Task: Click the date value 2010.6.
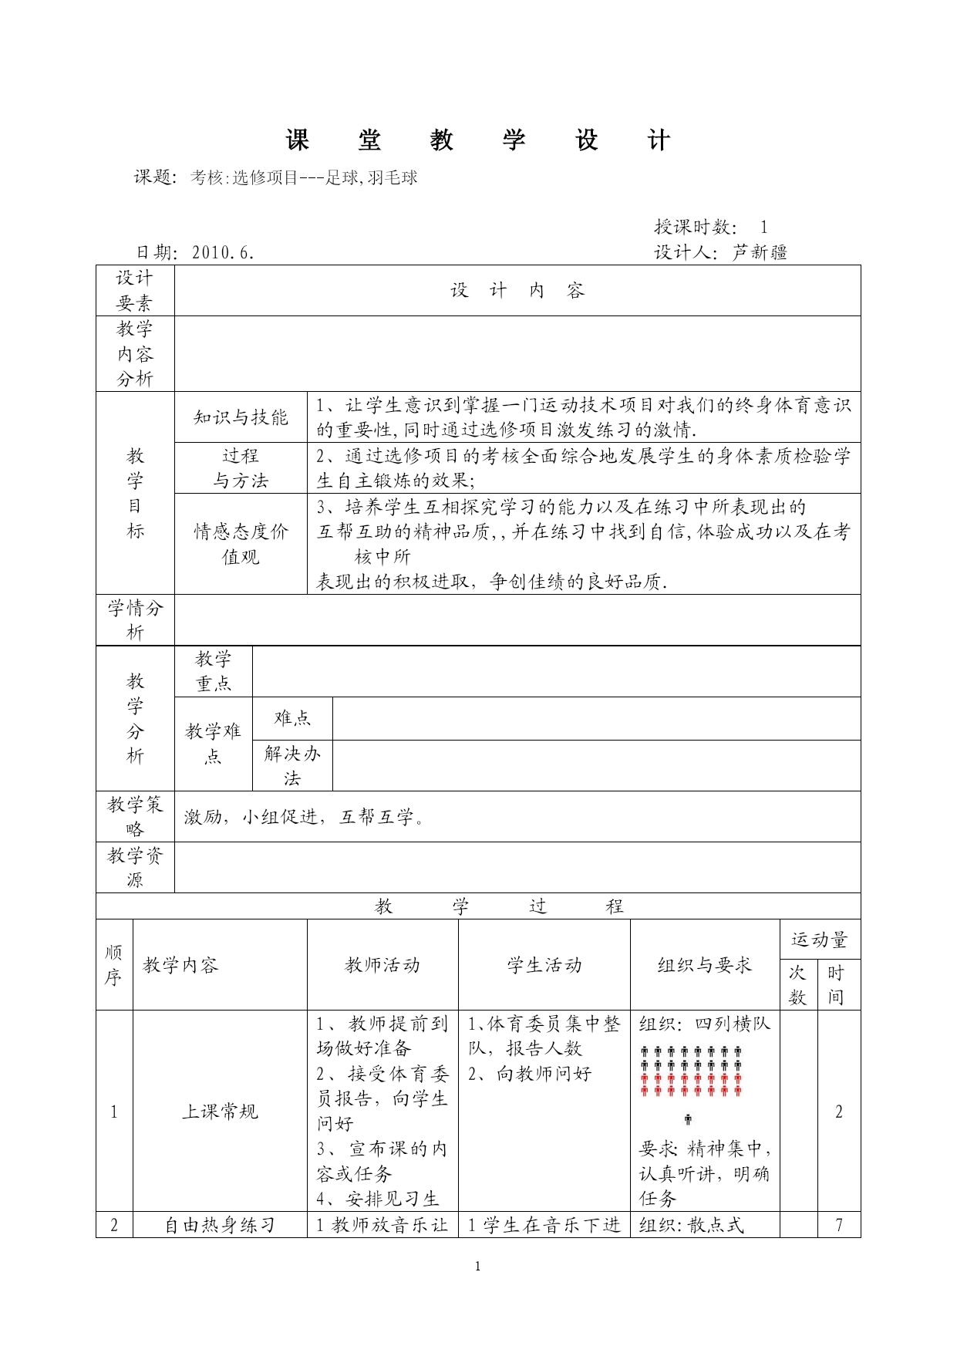click(223, 252)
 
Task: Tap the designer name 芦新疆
click(760, 252)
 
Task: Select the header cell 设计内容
click(517, 291)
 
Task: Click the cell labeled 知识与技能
click(241, 417)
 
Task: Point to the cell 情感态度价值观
click(241, 544)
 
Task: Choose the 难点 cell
click(292, 718)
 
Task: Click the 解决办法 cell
click(292, 765)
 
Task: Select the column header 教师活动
click(382, 965)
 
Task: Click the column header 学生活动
click(544, 965)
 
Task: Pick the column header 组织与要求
click(705, 965)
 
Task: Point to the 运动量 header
click(820, 940)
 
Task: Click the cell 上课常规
click(220, 1112)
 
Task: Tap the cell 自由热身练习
click(220, 1225)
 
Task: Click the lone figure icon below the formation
click(688, 1119)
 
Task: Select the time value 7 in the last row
click(839, 1225)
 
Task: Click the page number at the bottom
click(478, 1266)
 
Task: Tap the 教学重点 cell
click(213, 671)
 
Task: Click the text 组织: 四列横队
click(705, 1024)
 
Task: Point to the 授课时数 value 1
click(763, 227)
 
